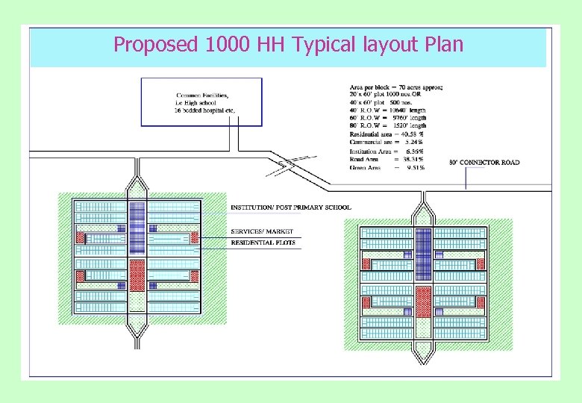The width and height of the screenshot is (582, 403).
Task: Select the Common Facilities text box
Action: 201,101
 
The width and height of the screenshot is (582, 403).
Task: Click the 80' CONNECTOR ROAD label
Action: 484,162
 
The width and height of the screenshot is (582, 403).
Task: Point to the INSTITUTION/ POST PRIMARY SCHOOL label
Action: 290,207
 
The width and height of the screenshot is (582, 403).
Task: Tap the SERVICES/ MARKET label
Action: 262,231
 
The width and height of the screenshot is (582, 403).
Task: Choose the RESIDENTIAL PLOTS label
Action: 263,243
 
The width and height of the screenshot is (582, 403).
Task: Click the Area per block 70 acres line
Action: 395,87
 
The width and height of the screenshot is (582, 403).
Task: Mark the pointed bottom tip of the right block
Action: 423,361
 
